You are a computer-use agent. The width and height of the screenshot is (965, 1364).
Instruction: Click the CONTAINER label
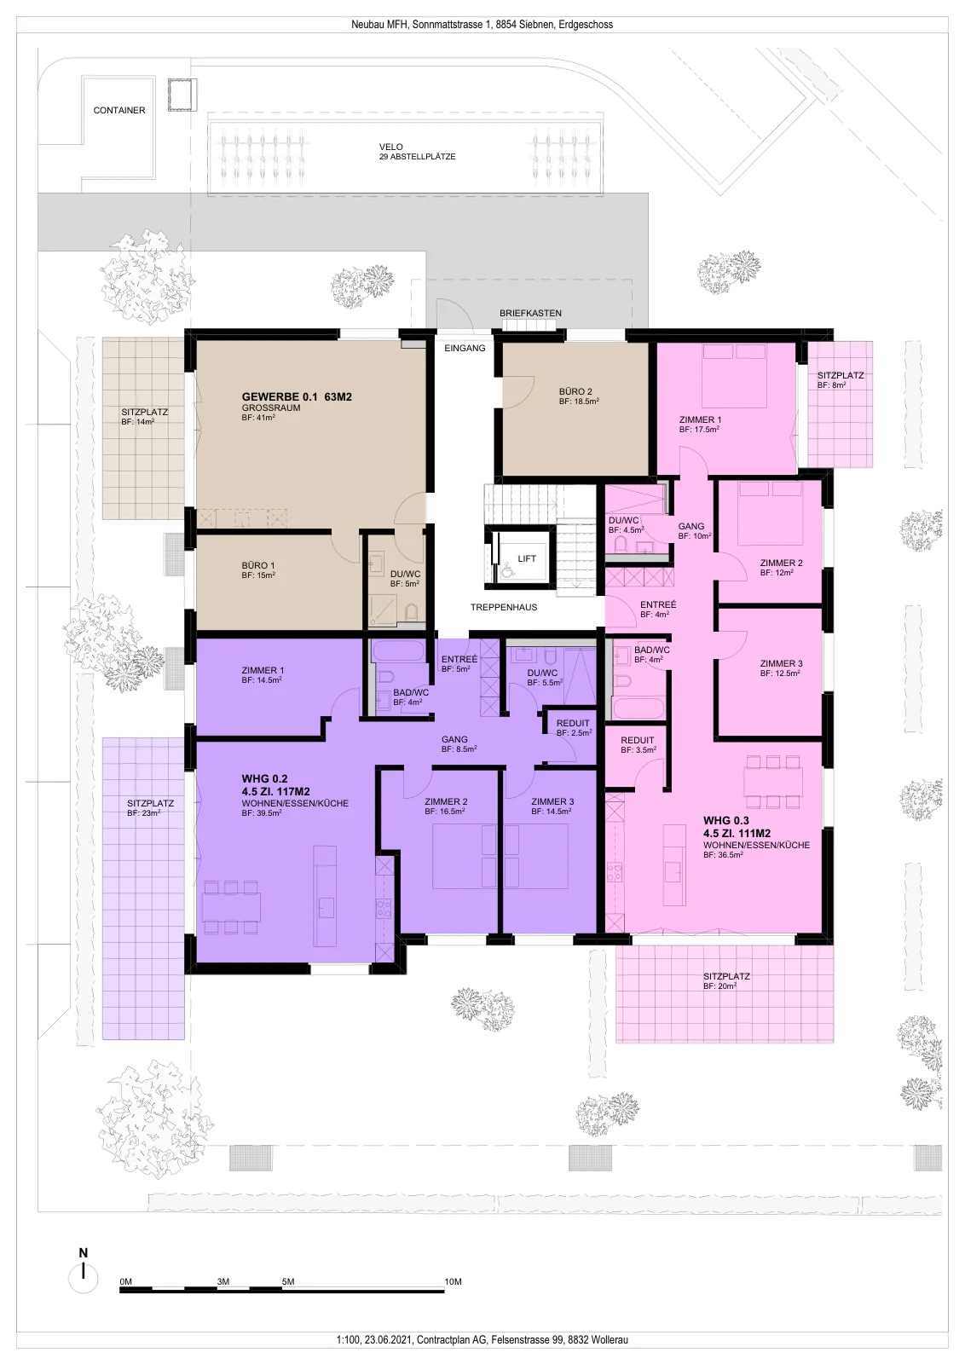click(119, 110)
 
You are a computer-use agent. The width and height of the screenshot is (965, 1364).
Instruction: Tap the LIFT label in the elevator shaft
click(527, 558)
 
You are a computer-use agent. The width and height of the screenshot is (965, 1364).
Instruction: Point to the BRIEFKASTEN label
click(530, 313)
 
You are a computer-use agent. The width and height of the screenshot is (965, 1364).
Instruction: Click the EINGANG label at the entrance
click(465, 349)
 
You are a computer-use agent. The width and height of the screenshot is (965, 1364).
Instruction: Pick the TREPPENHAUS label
click(504, 607)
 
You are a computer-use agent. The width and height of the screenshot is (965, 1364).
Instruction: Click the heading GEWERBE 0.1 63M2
click(297, 397)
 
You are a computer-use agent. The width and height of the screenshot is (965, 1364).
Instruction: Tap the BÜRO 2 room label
click(575, 391)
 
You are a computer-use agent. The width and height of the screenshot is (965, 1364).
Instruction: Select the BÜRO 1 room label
click(258, 566)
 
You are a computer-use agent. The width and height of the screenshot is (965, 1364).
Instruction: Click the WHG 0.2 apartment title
click(264, 778)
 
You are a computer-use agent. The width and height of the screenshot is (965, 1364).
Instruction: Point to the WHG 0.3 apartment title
click(725, 820)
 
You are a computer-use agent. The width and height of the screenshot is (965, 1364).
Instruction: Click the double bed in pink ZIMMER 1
click(734, 376)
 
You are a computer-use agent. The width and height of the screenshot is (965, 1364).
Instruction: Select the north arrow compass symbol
click(84, 1280)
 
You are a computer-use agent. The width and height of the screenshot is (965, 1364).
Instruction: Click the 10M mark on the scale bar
click(453, 1282)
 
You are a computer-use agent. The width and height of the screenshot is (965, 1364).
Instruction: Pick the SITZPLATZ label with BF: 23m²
click(150, 803)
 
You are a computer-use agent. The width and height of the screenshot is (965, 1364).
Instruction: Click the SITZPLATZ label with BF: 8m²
click(841, 376)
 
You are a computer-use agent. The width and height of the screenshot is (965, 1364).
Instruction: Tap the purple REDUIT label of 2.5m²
click(573, 724)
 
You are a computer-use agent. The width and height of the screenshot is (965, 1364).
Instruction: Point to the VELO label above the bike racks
click(391, 147)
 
